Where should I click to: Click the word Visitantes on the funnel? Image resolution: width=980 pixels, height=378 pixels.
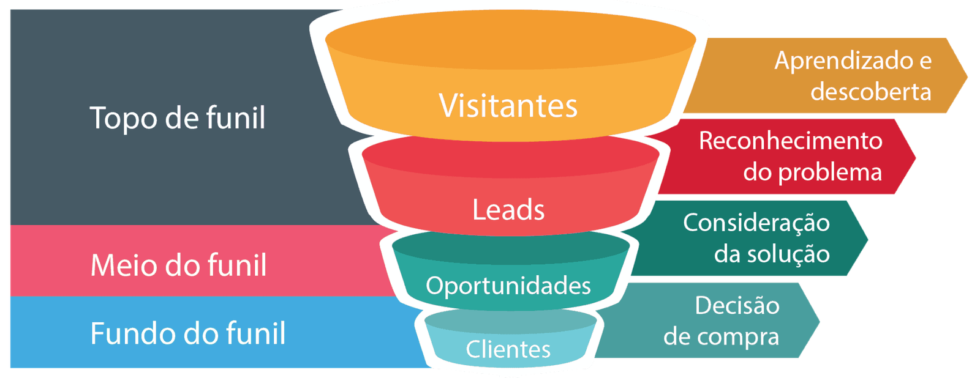[508, 106]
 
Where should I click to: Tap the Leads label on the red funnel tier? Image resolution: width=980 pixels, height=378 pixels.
[508, 210]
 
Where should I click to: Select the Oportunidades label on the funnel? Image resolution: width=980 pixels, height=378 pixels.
[508, 286]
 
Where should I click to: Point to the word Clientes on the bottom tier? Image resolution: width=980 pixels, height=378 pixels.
[508, 349]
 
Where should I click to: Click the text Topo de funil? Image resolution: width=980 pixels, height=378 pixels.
[178, 117]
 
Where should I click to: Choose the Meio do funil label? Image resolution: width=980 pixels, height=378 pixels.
[178, 265]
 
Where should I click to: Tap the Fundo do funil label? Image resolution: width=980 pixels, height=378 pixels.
[187, 333]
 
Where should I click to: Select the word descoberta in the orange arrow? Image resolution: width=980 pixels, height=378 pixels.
[870, 92]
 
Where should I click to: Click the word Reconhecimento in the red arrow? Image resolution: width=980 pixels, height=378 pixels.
[790, 141]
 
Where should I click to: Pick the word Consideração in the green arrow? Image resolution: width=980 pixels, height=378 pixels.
[756, 223]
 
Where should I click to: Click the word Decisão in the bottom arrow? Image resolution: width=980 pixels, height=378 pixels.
[737, 305]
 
